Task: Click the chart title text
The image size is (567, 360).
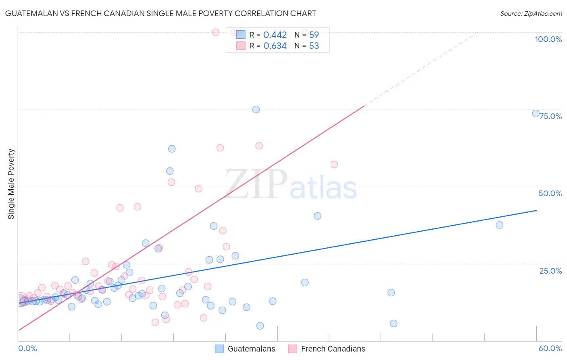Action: pyautogui.click(x=160, y=13)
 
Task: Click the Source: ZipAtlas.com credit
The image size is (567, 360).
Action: pyautogui.click(x=531, y=13)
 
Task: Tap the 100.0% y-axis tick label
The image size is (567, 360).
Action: pyautogui.click(x=548, y=39)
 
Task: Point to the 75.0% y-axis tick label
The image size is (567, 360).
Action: pyautogui.click(x=550, y=116)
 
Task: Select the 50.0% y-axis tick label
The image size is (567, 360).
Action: pyautogui.click(x=550, y=193)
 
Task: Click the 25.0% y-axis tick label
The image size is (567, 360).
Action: pyautogui.click(x=550, y=271)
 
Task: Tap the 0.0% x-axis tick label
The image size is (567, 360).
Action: pyautogui.click(x=27, y=348)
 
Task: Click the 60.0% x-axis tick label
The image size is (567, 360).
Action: pyautogui.click(x=550, y=348)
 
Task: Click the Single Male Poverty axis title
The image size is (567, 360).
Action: pyautogui.click(x=11, y=184)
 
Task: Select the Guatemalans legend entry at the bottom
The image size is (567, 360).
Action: pyautogui.click(x=245, y=349)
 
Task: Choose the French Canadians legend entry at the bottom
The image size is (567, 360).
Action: pyautogui.click(x=327, y=349)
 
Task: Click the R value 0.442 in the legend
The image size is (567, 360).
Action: pyautogui.click(x=275, y=35)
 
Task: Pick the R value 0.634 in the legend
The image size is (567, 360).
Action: pyautogui.click(x=275, y=46)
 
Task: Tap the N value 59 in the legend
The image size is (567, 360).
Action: pyautogui.click(x=314, y=35)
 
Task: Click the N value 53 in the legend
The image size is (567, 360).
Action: pyautogui.click(x=314, y=46)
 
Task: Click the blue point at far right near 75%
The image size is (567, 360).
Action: pyautogui.click(x=536, y=113)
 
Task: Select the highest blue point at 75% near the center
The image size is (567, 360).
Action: pyautogui.click(x=256, y=109)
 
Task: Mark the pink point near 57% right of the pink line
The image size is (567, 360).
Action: pyautogui.click(x=334, y=164)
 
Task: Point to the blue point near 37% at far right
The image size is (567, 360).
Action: pyautogui.click(x=499, y=225)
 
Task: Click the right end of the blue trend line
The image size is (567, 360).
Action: pyautogui.click(x=536, y=210)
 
